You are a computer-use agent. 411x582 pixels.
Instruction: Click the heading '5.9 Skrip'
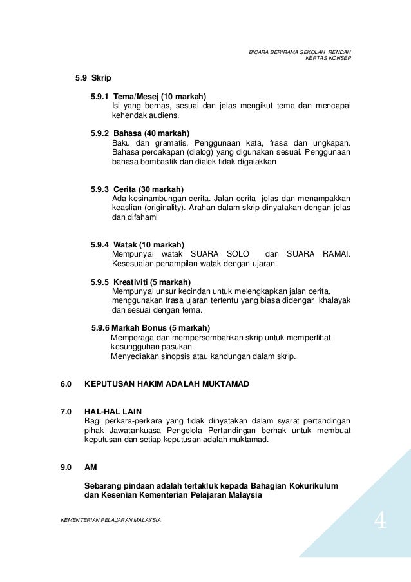[93, 78]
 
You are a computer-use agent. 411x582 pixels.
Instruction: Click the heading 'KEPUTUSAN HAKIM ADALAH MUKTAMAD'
[166, 384]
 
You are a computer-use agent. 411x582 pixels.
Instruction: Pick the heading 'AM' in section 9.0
[91, 468]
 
